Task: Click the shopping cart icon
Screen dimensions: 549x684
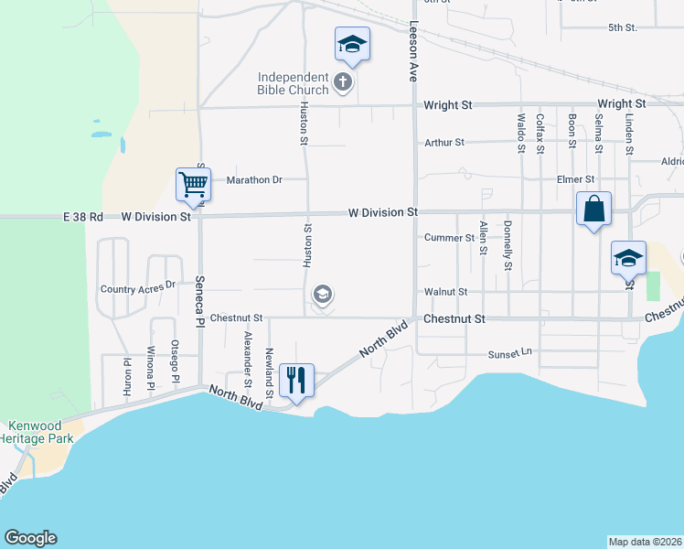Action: pos(193,184)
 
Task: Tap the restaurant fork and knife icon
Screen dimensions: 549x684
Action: pos(295,379)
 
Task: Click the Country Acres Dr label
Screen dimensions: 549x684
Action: pos(137,288)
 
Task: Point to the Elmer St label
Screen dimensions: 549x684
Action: pos(576,179)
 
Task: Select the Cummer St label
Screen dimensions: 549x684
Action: pos(449,238)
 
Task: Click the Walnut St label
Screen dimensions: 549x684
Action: pos(445,292)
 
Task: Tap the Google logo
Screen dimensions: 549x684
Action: pos(30,538)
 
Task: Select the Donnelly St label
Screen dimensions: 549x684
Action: pos(508,244)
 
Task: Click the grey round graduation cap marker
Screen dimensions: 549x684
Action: pos(322,295)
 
